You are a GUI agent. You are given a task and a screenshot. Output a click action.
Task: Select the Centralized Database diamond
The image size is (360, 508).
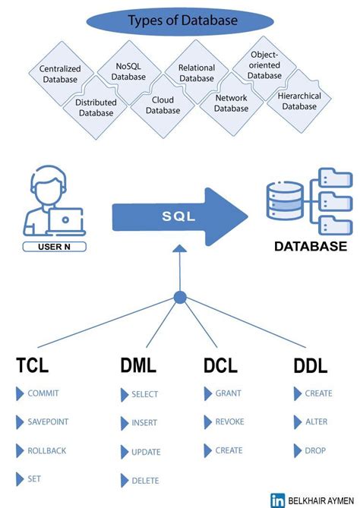(60, 74)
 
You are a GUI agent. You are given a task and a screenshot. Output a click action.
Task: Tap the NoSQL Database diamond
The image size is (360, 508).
(128, 71)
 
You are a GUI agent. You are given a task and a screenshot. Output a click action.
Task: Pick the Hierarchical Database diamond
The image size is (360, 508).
(299, 102)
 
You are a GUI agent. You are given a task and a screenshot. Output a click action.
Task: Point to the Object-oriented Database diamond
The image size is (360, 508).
(264, 65)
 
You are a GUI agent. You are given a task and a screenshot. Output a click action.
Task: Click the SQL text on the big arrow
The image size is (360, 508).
(178, 216)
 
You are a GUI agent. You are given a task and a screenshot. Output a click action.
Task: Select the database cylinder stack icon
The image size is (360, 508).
(282, 202)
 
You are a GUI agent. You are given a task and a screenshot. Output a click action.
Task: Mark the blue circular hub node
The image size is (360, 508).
(179, 298)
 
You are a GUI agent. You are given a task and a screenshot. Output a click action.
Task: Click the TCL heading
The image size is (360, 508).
(32, 365)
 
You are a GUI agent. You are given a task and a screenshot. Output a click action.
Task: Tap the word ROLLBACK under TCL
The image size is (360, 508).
(46, 450)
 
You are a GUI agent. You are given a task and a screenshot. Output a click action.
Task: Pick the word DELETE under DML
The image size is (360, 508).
(145, 480)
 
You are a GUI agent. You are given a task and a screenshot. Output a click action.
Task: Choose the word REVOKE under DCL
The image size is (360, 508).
(229, 421)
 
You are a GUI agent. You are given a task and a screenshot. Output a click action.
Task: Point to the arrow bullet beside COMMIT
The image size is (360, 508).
(20, 393)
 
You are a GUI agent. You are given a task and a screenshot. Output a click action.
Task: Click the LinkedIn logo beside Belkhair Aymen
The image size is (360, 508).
(277, 499)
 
